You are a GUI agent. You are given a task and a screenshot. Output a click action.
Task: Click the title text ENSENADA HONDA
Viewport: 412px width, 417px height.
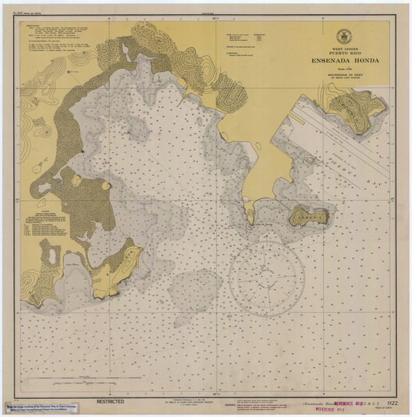[340, 60]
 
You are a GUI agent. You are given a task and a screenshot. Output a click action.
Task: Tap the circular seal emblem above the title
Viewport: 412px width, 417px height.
[341, 37]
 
